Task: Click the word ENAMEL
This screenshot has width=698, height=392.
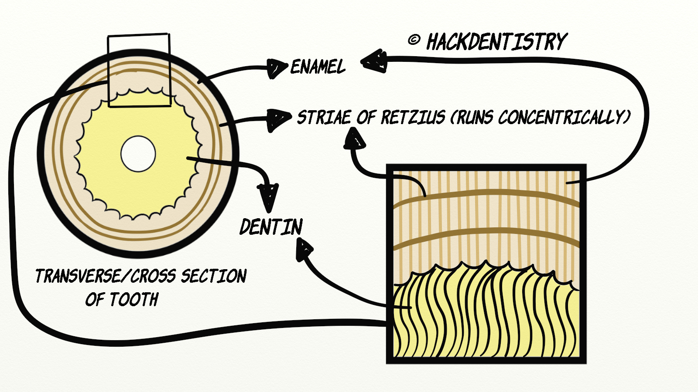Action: (x=318, y=67)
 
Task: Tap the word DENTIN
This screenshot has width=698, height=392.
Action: (x=271, y=227)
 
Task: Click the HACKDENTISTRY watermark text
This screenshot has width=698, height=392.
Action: (x=496, y=42)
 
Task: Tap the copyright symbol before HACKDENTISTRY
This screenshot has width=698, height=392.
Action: (x=414, y=41)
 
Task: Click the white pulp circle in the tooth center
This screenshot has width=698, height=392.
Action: (x=138, y=154)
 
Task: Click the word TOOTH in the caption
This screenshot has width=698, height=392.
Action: (x=133, y=300)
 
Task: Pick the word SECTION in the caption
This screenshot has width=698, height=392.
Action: (x=214, y=276)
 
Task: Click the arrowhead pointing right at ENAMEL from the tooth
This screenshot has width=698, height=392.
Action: (x=277, y=68)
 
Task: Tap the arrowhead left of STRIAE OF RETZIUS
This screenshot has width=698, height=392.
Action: (x=279, y=118)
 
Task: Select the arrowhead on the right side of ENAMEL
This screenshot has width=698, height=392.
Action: (x=374, y=61)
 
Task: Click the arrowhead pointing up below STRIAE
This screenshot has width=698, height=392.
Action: (x=355, y=140)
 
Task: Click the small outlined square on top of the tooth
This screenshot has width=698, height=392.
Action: (x=139, y=70)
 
